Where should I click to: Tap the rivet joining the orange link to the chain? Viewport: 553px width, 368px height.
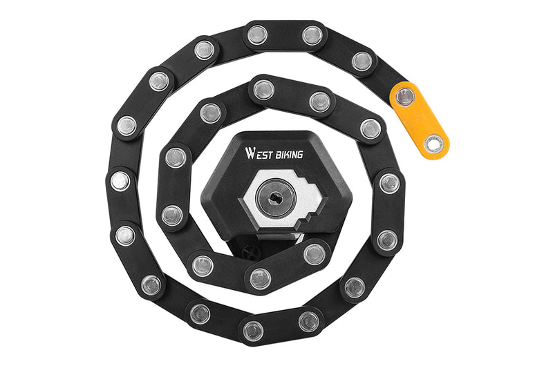pyautogui.click(x=406, y=97)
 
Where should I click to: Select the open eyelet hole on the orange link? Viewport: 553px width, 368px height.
pyautogui.click(x=433, y=144)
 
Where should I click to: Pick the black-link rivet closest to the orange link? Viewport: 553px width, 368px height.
pyautogui.click(x=362, y=61)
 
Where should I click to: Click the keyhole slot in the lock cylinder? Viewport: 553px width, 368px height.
pyautogui.click(x=275, y=198)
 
